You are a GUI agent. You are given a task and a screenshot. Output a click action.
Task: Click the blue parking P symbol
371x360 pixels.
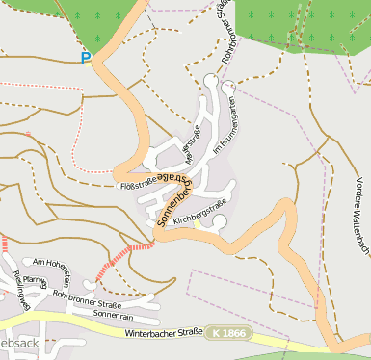86,58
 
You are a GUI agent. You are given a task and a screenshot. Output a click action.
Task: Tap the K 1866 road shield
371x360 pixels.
227,333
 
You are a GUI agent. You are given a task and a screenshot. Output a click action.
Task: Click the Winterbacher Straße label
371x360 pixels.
163,333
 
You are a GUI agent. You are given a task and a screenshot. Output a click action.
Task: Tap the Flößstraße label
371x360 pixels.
137,184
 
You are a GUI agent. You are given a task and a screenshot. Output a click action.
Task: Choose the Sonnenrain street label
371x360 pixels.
115,315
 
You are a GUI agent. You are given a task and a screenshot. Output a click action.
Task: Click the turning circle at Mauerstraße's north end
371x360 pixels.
211,79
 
